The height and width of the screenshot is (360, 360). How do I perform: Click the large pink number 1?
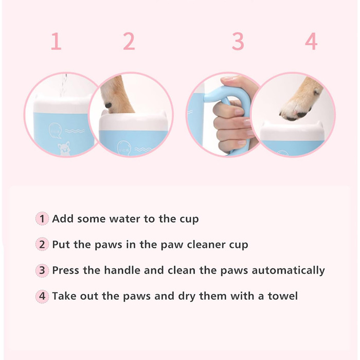click(56, 41)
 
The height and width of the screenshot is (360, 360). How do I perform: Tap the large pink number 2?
click(129, 41)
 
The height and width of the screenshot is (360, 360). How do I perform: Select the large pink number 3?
click(238, 41)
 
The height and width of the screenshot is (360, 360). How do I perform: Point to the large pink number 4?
click(311, 41)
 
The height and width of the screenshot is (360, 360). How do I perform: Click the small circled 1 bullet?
click(42, 219)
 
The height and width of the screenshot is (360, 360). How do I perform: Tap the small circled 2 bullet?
click(42, 244)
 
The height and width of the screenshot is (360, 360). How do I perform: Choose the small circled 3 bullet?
click(42, 270)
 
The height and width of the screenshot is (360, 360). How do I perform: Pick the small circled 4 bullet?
click(42, 296)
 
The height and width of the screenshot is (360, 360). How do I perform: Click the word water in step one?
click(125, 219)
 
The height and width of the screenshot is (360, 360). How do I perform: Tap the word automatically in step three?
click(289, 271)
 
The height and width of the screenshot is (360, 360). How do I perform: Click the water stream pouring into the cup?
click(64, 85)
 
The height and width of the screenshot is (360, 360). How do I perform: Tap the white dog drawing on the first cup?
click(64, 148)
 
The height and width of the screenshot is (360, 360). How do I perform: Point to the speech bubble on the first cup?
click(55, 131)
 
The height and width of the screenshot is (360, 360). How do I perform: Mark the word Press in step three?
click(66, 270)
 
